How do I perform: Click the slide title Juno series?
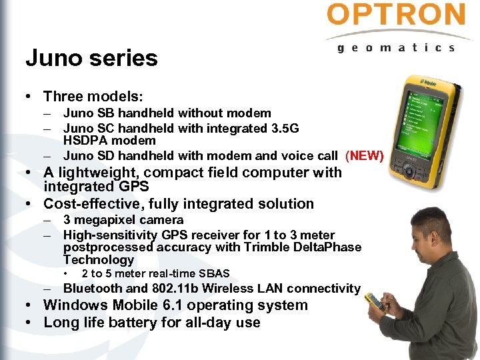click(91, 58)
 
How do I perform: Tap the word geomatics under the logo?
click(396, 48)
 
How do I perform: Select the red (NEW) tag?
click(364, 156)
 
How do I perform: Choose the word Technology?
click(99, 260)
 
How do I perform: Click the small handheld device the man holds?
click(377, 301)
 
